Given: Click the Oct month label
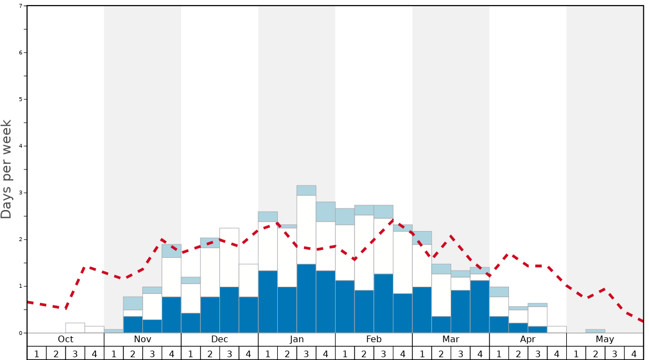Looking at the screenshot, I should click(66, 339).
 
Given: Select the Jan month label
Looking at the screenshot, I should click(297, 339).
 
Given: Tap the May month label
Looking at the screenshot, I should click(605, 339).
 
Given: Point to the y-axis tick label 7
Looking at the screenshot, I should click(21, 6).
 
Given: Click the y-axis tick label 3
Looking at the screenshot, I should click(21, 193).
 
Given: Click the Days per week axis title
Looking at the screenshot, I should click(7, 169).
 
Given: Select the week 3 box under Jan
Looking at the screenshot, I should click(306, 353).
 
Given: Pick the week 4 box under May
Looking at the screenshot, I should click(633, 353).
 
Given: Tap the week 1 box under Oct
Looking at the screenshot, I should click(37, 353).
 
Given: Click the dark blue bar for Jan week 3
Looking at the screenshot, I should click(306, 298).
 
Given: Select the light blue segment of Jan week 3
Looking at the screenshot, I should click(306, 191).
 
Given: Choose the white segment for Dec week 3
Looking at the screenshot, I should click(229, 257).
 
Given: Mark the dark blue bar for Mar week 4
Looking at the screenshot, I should click(480, 307).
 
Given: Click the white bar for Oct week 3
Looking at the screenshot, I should click(75, 328).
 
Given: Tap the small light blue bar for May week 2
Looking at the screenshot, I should click(595, 331).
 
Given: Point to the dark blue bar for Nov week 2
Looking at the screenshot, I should click(133, 324).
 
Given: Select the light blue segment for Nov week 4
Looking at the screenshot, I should click(171, 251).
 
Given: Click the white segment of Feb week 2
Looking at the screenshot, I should click(364, 253).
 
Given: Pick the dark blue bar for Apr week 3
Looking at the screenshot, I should click(537, 329).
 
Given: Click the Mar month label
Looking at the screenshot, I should click(451, 339).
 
